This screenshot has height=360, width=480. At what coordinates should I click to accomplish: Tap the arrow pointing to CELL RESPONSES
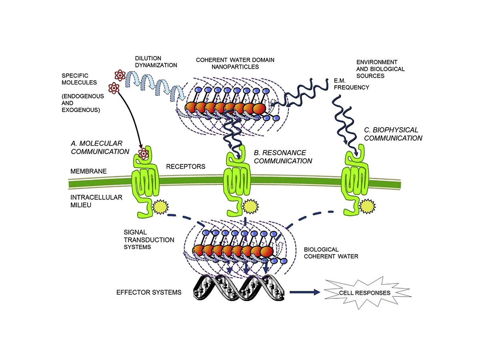coord(305,292)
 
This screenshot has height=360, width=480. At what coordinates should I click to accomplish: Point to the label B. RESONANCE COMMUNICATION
coord(282,157)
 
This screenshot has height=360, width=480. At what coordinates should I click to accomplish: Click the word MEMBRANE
coord(89,171)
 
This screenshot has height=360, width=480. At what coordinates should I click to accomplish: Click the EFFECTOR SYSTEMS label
coord(149,292)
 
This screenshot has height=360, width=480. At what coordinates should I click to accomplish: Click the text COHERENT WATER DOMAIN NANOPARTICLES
coord(235,63)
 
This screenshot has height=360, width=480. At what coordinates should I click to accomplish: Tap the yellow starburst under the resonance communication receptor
coord(251,206)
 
